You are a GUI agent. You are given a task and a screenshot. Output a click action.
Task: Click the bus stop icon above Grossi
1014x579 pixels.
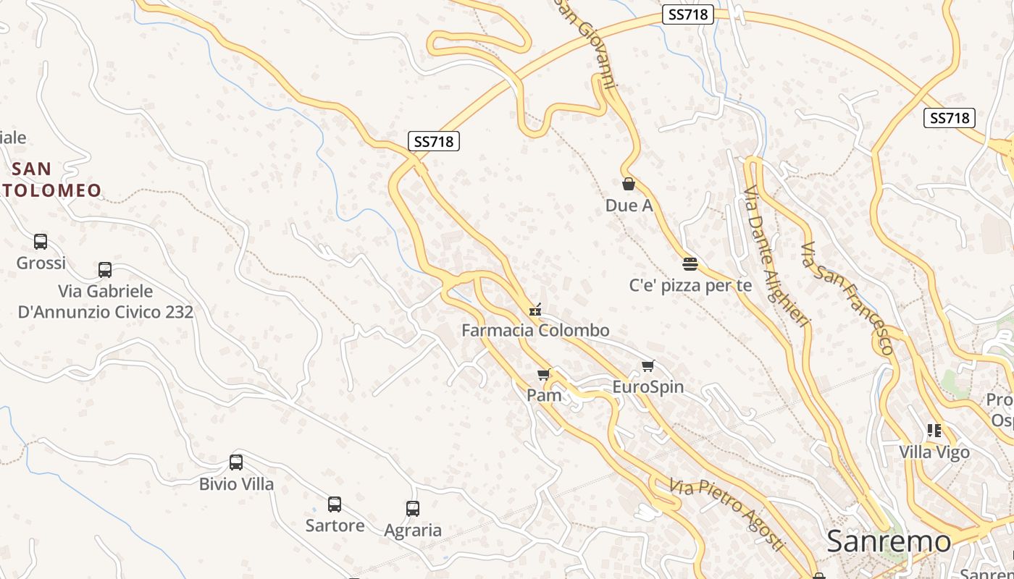41,242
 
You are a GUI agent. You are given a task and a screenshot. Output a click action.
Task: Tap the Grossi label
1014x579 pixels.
41,263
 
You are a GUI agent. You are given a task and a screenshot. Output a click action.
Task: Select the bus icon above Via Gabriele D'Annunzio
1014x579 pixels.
105,270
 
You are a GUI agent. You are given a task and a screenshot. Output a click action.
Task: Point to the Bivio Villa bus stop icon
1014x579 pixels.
236,462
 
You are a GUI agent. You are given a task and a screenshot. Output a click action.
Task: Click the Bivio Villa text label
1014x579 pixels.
237,483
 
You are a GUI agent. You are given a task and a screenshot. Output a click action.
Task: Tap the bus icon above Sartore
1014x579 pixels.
335,504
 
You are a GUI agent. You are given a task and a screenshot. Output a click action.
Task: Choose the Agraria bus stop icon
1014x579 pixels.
413,509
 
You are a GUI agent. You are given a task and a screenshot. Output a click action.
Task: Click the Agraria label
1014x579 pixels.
413,531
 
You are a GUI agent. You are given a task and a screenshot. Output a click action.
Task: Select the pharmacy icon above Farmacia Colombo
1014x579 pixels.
536,310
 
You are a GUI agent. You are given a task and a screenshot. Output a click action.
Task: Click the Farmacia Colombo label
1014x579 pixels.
536,331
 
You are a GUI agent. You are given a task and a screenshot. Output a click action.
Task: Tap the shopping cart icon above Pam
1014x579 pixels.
544,375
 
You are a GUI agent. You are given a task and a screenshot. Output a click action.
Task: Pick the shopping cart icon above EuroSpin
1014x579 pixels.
648,366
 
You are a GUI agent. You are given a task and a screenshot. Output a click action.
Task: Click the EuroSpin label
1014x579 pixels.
648,386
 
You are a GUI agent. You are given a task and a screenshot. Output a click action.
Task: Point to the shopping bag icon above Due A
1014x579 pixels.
629,185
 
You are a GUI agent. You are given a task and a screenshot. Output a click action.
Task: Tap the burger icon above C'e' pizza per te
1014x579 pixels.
690,264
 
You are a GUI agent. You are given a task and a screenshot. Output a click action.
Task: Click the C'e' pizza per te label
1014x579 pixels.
690,285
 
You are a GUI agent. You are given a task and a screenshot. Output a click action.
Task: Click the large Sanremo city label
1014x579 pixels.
889,541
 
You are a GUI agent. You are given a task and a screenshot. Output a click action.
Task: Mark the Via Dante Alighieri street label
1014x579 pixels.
775,257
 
